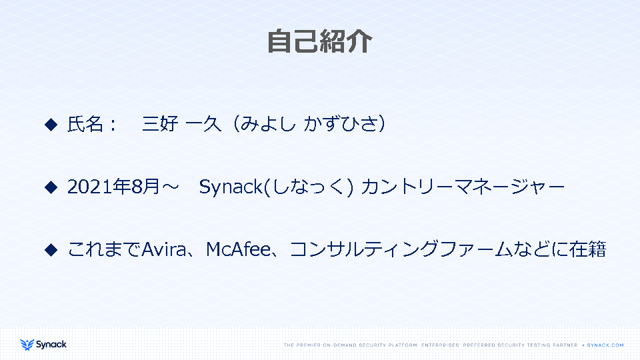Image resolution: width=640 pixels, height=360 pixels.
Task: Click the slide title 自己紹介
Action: (319, 41)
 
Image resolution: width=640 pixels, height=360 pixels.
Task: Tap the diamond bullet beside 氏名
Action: (51, 125)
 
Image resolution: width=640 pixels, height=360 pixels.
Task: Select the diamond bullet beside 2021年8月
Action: (51, 187)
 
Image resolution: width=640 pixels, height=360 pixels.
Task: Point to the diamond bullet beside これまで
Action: (51, 250)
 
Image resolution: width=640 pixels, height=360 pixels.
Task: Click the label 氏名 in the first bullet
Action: (85, 124)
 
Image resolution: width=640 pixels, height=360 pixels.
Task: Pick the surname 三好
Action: (160, 124)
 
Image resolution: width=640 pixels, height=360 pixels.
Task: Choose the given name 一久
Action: (203, 124)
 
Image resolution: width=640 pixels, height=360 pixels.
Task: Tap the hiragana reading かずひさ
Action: (339, 124)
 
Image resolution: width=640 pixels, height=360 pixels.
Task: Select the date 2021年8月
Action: (113, 187)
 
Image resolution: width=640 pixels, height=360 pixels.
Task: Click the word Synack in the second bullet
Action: (231, 187)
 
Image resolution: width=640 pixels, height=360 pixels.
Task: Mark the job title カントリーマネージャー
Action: (463, 187)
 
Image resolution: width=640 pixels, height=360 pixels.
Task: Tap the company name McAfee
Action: (239, 249)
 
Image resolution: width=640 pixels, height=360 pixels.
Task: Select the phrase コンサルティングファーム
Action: (401, 249)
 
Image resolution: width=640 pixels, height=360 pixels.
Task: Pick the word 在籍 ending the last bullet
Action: (588, 249)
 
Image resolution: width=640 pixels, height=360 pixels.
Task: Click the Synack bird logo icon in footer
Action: (27, 345)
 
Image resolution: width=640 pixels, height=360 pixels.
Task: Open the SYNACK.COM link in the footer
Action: (605, 345)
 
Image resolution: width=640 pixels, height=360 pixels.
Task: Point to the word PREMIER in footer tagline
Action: (308, 345)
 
